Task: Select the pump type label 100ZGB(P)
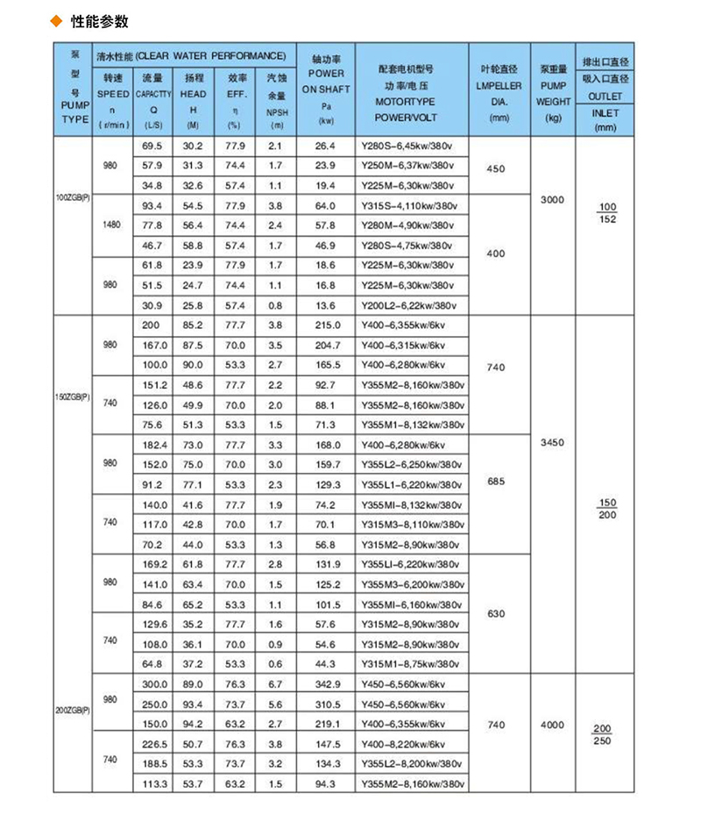[73, 198]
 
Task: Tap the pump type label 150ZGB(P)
[73, 396]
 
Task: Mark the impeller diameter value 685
[496, 481]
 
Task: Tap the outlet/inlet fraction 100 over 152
[605, 212]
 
